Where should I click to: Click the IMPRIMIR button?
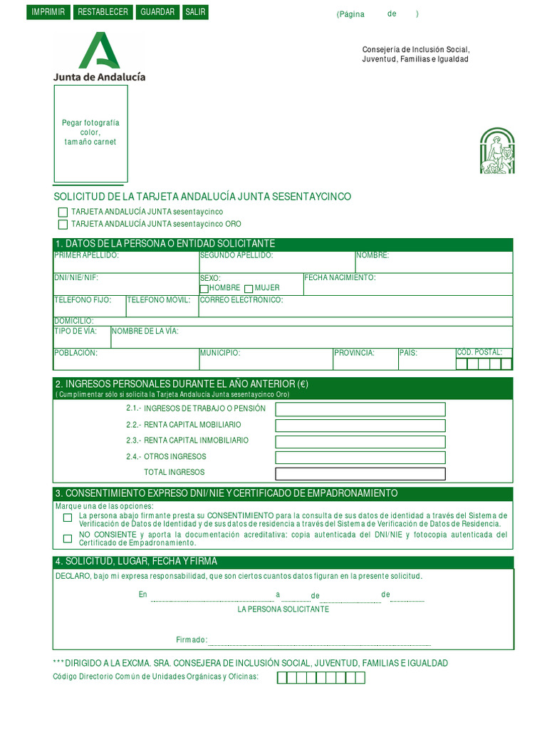click(x=48, y=12)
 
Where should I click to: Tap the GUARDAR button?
click(x=157, y=12)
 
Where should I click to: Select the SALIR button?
click(x=195, y=12)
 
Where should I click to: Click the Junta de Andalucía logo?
click(x=99, y=56)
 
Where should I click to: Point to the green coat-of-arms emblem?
click(x=497, y=151)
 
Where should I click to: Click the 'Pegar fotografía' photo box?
click(x=90, y=133)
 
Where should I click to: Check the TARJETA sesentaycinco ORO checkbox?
click(x=63, y=224)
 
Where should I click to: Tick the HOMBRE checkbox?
click(x=204, y=289)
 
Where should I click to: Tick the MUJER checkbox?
click(x=249, y=289)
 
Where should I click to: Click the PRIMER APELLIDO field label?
click(x=86, y=255)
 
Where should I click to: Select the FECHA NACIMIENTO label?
click(x=340, y=277)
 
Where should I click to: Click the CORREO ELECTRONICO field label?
click(x=241, y=300)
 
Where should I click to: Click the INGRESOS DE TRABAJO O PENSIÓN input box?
click(x=360, y=409)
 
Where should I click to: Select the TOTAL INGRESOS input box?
click(x=360, y=474)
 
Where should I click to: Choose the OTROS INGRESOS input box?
click(x=360, y=458)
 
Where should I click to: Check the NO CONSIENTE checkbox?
click(x=68, y=539)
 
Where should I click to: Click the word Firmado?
click(x=191, y=639)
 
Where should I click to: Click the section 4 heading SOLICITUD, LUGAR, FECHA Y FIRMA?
click(x=141, y=562)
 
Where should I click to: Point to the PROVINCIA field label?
click(x=354, y=353)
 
